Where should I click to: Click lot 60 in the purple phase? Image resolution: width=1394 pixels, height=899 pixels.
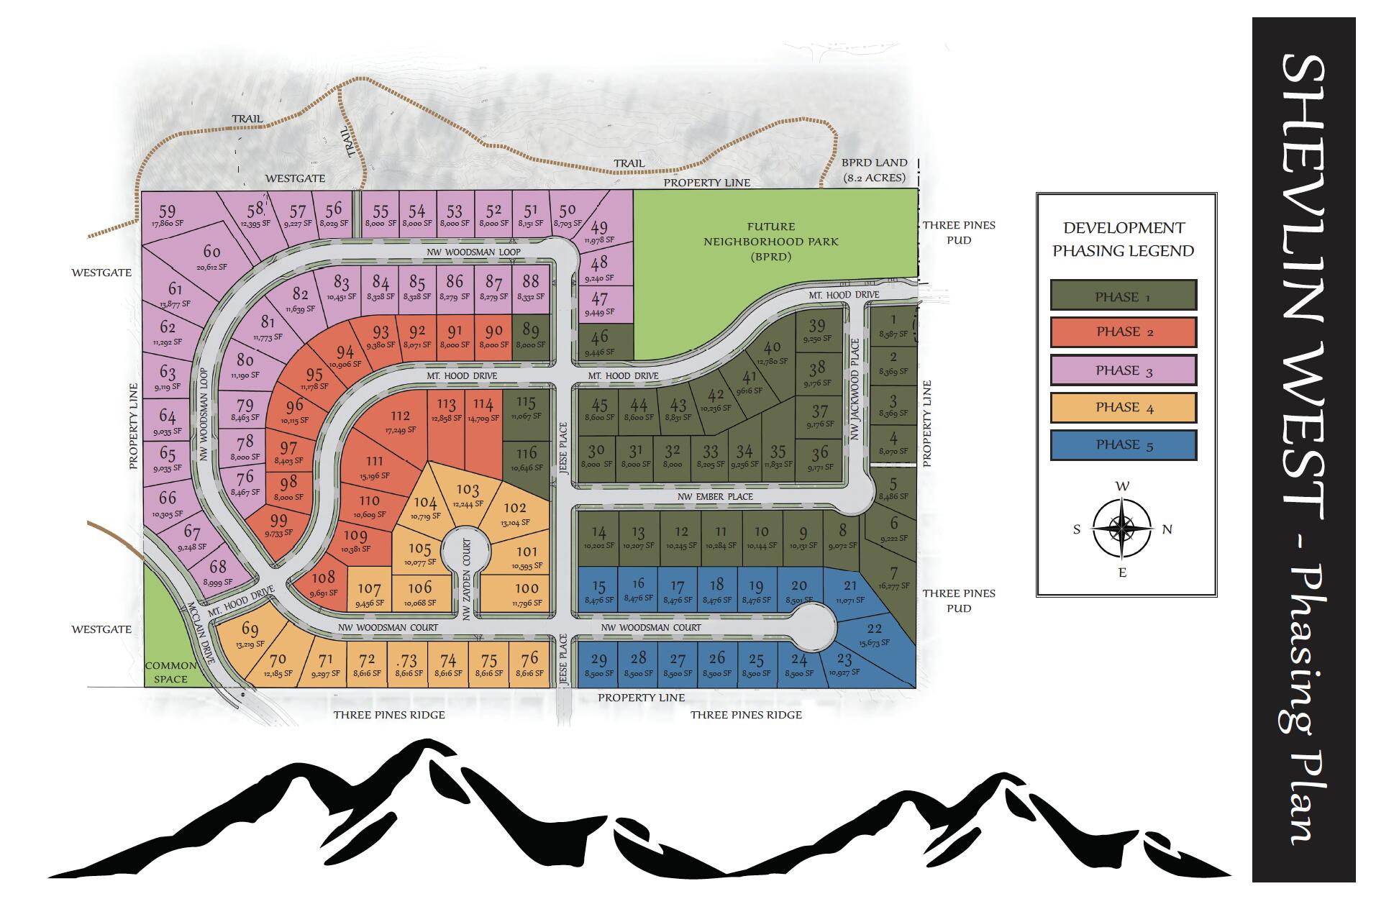pos(211,256)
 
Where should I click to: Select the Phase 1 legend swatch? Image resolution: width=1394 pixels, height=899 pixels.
pos(1123,296)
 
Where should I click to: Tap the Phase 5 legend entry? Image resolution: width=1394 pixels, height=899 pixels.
pos(1123,444)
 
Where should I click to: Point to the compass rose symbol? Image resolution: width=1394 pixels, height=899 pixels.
pos(1121,529)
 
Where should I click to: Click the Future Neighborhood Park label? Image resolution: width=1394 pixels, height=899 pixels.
pos(770,241)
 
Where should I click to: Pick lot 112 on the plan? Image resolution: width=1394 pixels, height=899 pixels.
pos(401,420)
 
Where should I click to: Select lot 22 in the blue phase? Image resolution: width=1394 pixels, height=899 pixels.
pos(874,634)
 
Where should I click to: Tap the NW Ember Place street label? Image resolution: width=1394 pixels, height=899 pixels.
pos(715,496)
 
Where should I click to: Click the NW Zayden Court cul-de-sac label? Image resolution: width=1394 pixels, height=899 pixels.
pos(466,579)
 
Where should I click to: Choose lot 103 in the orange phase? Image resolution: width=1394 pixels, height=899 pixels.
pos(468,493)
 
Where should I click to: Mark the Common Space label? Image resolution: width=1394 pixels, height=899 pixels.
pos(170,672)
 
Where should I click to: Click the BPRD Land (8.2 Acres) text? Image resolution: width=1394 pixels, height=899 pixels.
pos(874,170)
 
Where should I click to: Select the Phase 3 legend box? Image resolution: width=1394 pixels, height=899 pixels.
pos(1123,370)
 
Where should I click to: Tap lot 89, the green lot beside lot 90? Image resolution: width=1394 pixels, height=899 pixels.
pos(531,334)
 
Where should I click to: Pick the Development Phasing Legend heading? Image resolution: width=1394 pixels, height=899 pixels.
pos(1123,239)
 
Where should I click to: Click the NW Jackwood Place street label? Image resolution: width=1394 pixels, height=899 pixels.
pos(855,389)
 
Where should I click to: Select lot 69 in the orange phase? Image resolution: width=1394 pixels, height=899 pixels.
pos(250,634)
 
